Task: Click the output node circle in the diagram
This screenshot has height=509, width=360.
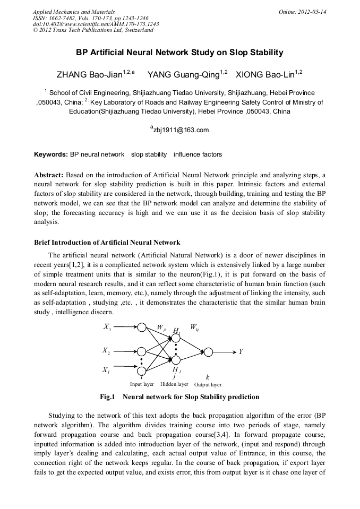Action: tap(209, 352)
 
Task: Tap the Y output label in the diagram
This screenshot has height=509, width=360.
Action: tap(242, 352)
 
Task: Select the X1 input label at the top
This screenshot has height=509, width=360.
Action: tap(107, 327)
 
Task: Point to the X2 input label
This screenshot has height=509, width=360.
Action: tap(107, 351)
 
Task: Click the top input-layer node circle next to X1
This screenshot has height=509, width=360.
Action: tap(142, 327)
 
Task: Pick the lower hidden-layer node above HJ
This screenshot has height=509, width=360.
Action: tap(176, 360)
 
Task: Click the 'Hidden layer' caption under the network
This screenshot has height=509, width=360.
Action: tap(174, 384)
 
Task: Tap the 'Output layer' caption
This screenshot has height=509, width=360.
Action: tap(208, 385)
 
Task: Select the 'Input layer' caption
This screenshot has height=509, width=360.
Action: tap(142, 384)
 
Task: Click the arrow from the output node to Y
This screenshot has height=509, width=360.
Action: tap(225, 352)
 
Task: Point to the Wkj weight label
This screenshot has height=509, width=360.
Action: tap(194, 327)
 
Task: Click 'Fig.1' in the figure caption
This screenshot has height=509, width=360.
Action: tap(108, 397)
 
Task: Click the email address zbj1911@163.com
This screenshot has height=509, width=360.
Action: tap(180, 130)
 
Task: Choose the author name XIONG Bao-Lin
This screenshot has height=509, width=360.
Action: tap(269, 74)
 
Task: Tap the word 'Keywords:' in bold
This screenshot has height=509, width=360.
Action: tap(51, 154)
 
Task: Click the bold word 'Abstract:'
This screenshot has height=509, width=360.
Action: tap(49, 175)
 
